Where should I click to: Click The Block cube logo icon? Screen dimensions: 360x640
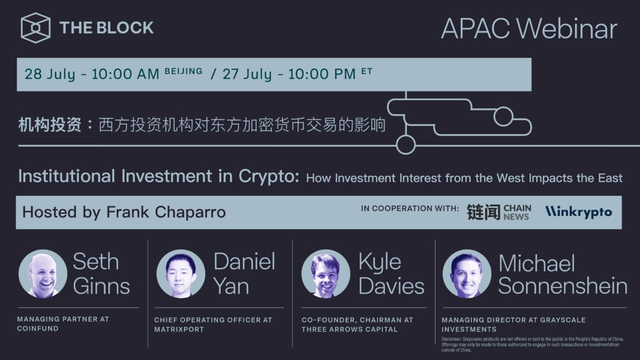point(36,28)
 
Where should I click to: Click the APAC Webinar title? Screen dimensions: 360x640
point(529,29)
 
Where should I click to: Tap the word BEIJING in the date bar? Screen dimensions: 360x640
point(183,71)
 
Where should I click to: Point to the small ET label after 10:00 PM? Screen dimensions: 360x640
point(366,71)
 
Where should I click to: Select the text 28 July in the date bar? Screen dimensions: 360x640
point(50,74)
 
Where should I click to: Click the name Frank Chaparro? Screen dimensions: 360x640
point(166,212)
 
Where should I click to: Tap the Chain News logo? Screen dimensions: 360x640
point(499,212)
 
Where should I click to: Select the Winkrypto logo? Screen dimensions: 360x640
point(578,212)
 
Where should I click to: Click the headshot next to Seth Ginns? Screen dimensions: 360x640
point(43,274)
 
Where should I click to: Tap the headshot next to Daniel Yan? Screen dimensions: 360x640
point(181,274)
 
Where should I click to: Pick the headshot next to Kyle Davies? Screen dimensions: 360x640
point(325,274)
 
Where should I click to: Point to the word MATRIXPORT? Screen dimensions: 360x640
point(179,329)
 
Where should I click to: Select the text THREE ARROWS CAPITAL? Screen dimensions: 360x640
point(349,329)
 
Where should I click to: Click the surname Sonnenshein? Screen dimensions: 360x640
point(563,286)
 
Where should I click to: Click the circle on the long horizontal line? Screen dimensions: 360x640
point(406,145)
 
